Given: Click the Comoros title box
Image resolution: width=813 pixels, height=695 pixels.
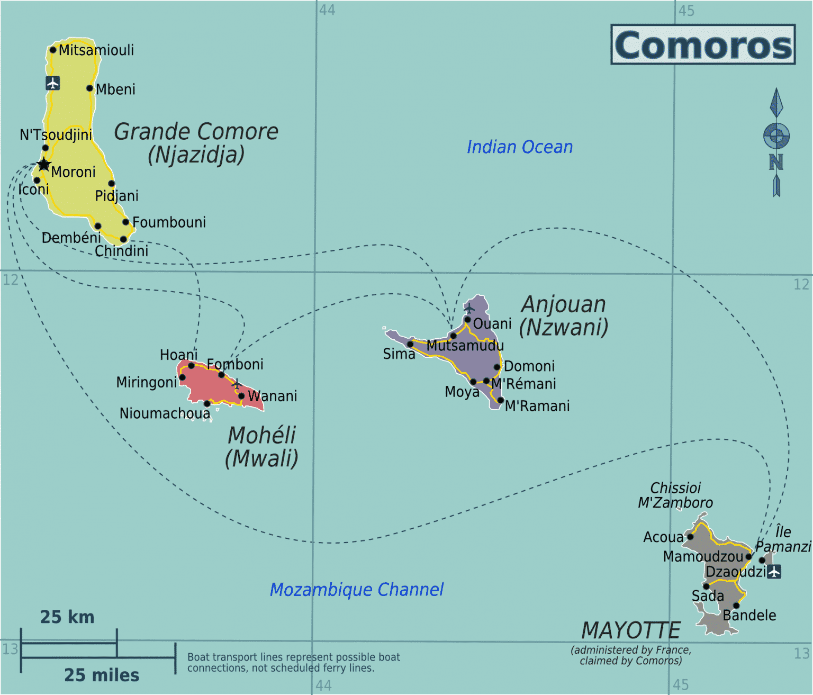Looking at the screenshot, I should pyautogui.click(x=703, y=44).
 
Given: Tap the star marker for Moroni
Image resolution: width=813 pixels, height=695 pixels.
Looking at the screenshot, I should pyautogui.click(x=44, y=165).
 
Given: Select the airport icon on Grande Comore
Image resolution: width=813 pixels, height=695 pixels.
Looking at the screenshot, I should pyautogui.click(x=52, y=83).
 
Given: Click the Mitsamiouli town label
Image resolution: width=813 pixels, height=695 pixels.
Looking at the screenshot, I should pyautogui.click(x=96, y=50).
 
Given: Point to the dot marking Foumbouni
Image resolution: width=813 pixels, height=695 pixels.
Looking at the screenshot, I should pyautogui.click(x=126, y=222).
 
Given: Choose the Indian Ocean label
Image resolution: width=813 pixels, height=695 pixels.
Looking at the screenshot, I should pyautogui.click(x=519, y=147).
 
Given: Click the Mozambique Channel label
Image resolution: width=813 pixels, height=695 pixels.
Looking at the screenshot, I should pyautogui.click(x=356, y=590).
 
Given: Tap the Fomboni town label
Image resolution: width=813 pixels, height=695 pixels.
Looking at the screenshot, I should pyautogui.click(x=235, y=364).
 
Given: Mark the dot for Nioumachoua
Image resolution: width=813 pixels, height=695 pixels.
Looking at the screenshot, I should pyautogui.click(x=207, y=404).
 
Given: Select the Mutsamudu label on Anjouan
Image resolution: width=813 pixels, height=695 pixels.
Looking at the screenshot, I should pyautogui.click(x=465, y=346).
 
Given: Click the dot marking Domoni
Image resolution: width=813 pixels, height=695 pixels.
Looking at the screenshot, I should pyautogui.click(x=497, y=367).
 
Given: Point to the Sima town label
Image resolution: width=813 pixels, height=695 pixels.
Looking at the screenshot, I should pyautogui.click(x=399, y=354).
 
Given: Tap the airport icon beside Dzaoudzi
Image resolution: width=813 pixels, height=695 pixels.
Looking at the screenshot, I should pyautogui.click(x=774, y=572).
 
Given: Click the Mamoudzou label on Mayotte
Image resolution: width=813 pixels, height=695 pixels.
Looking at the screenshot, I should pyautogui.click(x=703, y=557).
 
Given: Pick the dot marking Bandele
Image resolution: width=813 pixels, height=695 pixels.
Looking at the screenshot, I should pyautogui.click(x=736, y=606).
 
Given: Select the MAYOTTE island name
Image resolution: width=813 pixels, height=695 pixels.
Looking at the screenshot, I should pyautogui.click(x=630, y=630).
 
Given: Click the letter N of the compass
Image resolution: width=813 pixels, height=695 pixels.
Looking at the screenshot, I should pyautogui.click(x=776, y=162).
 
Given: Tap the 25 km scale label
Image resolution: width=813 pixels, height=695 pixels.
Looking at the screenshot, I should pyautogui.click(x=67, y=617).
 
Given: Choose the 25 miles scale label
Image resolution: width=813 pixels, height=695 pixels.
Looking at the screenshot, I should pyautogui.click(x=102, y=675).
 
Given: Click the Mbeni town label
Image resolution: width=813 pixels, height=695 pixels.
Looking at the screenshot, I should pyautogui.click(x=115, y=89).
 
